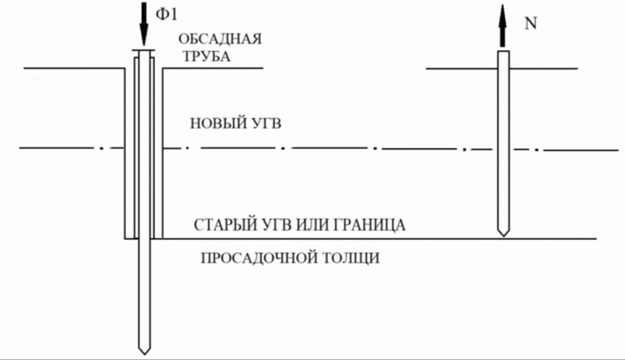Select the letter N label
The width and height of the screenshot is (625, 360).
531,24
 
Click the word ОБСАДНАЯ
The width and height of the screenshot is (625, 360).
220,38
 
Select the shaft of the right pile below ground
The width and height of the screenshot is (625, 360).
503,152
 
